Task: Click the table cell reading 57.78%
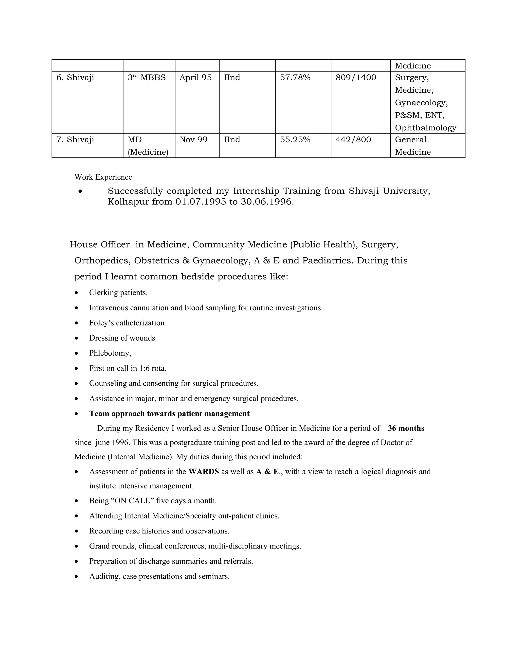click(x=295, y=78)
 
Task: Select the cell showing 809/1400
click(x=356, y=78)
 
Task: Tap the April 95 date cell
click(x=195, y=78)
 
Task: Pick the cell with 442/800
click(x=353, y=140)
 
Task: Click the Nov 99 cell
click(x=193, y=140)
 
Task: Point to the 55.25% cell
click(x=295, y=140)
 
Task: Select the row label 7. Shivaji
click(x=75, y=140)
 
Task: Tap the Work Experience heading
click(x=103, y=177)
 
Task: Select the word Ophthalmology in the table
click(x=425, y=128)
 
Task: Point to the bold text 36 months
click(x=406, y=429)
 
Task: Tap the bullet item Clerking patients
click(x=118, y=293)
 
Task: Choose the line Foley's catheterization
click(x=126, y=323)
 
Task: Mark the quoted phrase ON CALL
click(x=132, y=501)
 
